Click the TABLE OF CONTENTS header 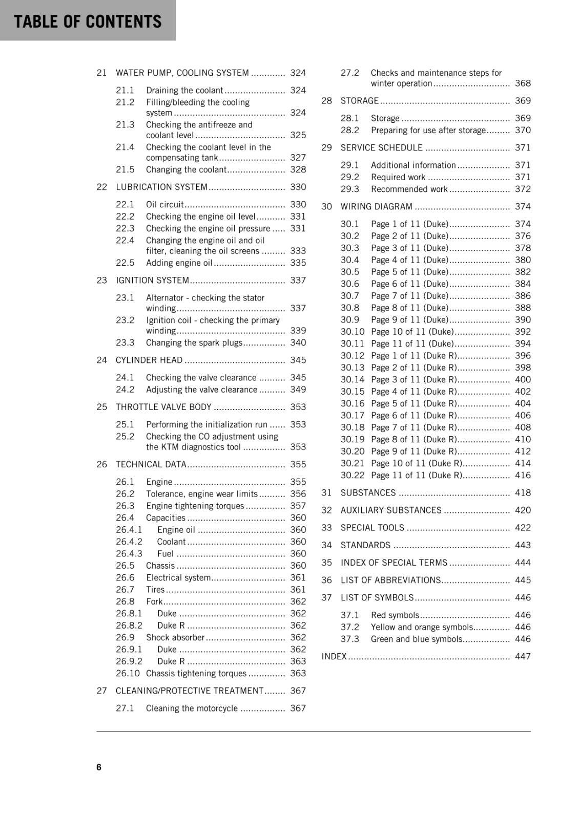coord(88,21)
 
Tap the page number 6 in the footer coord(99,767)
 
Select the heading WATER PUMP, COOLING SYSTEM coord(182,73)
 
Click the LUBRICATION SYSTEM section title coord(161,187)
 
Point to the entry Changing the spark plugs coord(194,342)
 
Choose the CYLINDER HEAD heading coord(149,360)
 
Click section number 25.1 coord(125,424)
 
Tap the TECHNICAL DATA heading coord(151,464)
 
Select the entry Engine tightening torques coord(195,506)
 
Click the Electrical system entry coord(178,577)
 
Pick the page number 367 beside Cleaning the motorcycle coord(298,708)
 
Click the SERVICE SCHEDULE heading coord(381,147)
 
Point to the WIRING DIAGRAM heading coord(376,206)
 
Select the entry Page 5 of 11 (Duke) coord(409,272)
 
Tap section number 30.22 coord(353,475)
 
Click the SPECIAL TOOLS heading coord(372,527)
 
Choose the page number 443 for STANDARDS coord(523,545)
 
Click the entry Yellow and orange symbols coord(422,627)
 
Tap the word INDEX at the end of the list coord(334,656)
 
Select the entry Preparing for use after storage coord(428,130)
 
